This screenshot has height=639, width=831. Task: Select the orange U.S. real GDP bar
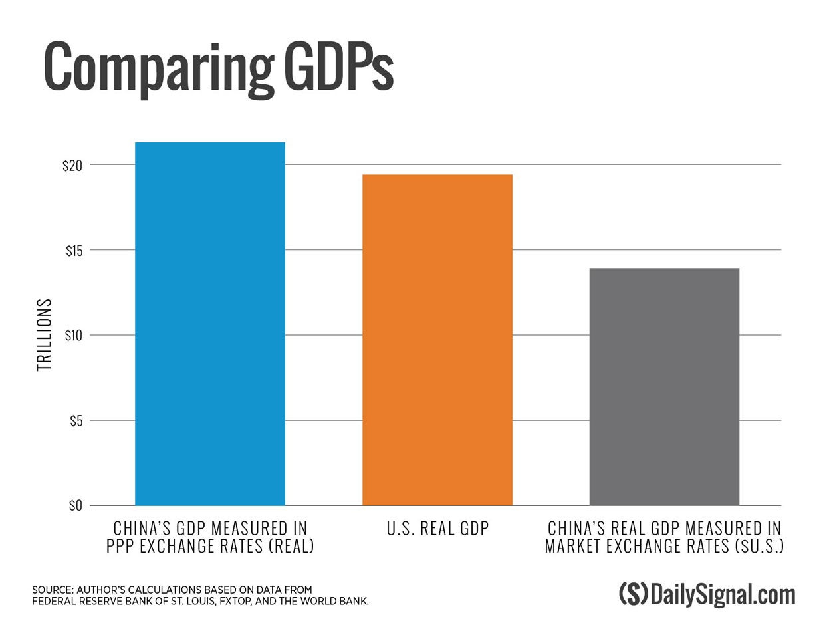pyautogui.click(x=437, y=340)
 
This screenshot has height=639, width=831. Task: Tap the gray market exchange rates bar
pyautogui.click(x=664, y=386)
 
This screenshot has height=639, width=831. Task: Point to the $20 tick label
pyautogui.click(x=72, y=166)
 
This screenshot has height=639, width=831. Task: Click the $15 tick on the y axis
pyautogui.click(x=74, y=251)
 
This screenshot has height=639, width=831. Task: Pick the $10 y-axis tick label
pyautogui.click(x=73, y=336)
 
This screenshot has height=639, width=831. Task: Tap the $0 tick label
pyautogui.click(x=75, y=506)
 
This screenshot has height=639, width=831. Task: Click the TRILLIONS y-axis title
pyautogui.click(x=44, y=334)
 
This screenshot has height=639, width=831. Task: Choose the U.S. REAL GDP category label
pyautogui.click(x=437, y=529)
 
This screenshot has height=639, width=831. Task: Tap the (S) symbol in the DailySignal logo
pyautogui.click(x=633, y=594)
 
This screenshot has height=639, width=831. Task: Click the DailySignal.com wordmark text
pyautogui.click(x=723, y=594)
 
